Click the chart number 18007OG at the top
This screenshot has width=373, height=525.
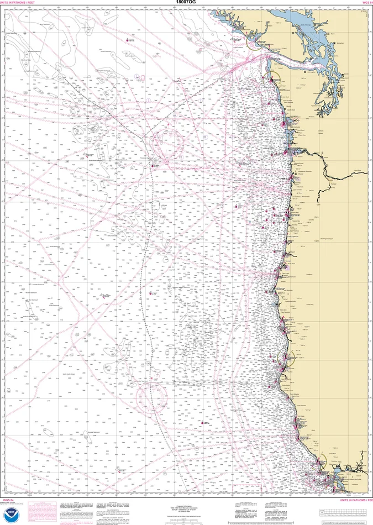186,3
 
